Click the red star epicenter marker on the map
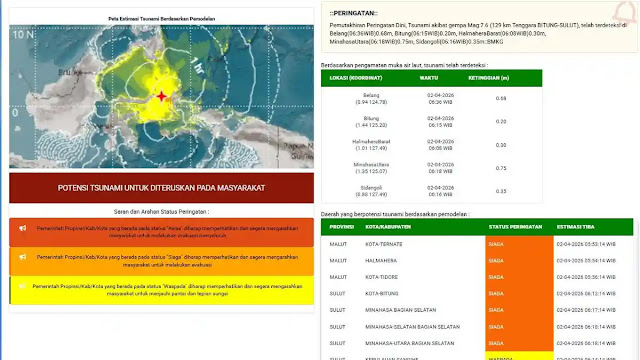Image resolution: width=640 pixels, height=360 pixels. [162, 97]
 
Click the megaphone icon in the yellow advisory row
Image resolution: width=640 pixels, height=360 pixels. [22, 290]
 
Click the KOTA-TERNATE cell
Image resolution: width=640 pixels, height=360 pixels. [384, 246]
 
